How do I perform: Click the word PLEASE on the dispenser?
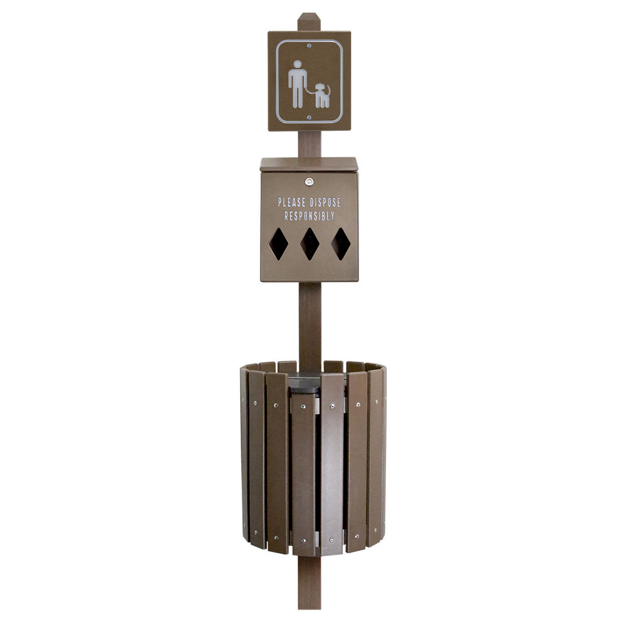tap(292, 202)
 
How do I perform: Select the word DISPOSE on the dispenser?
tap(325, 202)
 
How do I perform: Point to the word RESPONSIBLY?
tap(309, 216)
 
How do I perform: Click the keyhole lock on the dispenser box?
tap(309, 181)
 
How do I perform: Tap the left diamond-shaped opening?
tap(278, 244)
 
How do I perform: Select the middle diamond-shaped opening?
tap(309, 244)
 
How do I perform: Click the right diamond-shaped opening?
tap(341, 244)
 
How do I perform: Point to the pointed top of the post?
tap(309, 16)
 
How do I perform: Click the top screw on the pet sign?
tap(309, 46)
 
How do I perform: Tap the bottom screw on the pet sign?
tap(309, 118)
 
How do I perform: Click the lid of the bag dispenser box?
tap(309, 164)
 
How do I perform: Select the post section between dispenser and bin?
tap(309, 322)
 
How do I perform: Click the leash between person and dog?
tap(311, 91)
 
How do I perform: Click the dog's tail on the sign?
tap(329, 90)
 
